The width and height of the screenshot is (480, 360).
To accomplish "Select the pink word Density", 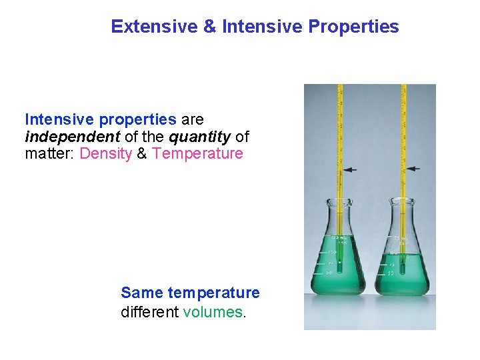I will pyautogui.click(x=105, y=154).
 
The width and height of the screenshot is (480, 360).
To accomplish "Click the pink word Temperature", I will pyautogui.click(x=197, y=154).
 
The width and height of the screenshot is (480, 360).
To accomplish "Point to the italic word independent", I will pyautogui.click(x=61, y=137).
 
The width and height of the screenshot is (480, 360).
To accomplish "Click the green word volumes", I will pyautogui.click(x=213, y=311).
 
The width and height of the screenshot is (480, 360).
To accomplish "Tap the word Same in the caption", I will pyautogui.click(x=142, y=293).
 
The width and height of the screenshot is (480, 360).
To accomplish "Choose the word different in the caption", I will pyautogui.click(x=149, y=311).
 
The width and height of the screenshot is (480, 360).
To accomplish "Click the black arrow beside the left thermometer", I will pyautogui.click(x=350, y=170).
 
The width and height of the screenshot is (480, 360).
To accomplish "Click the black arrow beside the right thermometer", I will pyautogui.click(x=414, y=169).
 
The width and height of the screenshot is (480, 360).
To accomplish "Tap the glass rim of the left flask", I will pyautogui.click(x=339, y=200).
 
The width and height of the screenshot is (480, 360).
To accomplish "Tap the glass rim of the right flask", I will pyautogui.click(x=403, y=200).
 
